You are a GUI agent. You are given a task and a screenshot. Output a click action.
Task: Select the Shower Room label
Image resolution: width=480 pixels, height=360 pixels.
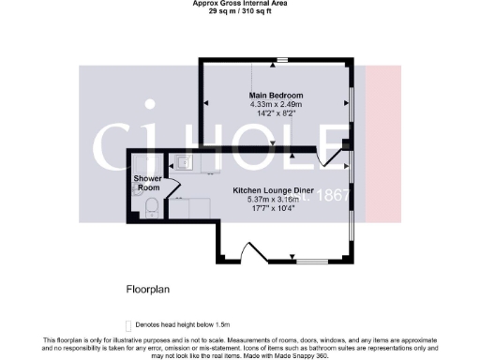pos(148,183)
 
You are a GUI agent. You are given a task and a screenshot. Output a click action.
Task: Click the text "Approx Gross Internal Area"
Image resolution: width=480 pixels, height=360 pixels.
pos(239,4)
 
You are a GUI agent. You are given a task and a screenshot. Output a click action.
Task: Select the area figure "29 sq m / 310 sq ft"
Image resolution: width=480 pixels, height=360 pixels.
pos(239,11)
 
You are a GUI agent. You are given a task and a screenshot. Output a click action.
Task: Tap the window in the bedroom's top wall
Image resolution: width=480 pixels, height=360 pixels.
pos(281,61)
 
